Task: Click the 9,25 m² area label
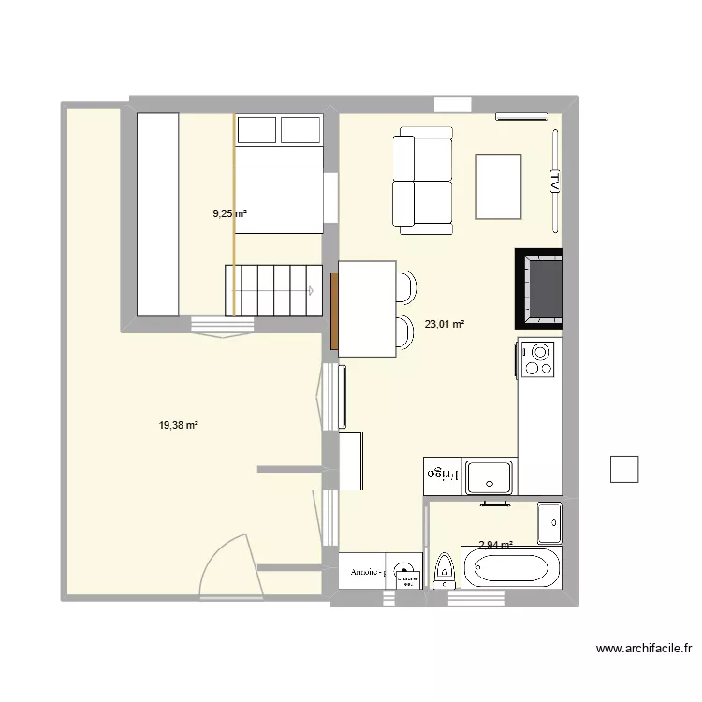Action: (229, 213)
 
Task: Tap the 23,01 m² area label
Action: (445, 325)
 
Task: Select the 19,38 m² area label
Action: (178, 425)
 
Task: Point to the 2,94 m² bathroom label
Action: (495, 545)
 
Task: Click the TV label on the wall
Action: (554, 181)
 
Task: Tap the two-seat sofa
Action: (422, 182)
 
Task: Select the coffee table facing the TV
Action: (499, 185)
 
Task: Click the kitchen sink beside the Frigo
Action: (490, 475)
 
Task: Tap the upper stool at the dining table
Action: (408, 286)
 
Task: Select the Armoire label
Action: (368, 571)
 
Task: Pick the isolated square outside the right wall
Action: (623, 469)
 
